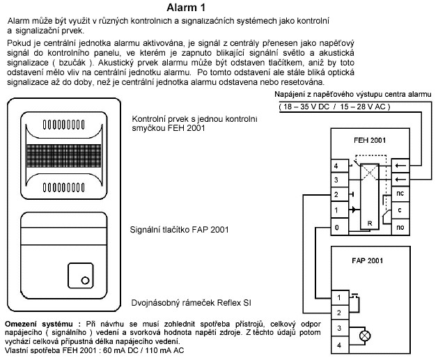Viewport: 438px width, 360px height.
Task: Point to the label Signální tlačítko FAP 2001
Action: coord(180,228)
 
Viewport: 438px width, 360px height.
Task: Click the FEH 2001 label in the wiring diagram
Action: coord(369,140)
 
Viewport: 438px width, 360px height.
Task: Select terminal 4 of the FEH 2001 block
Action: coord(336,166)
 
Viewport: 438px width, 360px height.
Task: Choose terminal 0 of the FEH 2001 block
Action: coord(336,227)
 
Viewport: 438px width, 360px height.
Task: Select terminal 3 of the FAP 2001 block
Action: coord(339,327)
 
